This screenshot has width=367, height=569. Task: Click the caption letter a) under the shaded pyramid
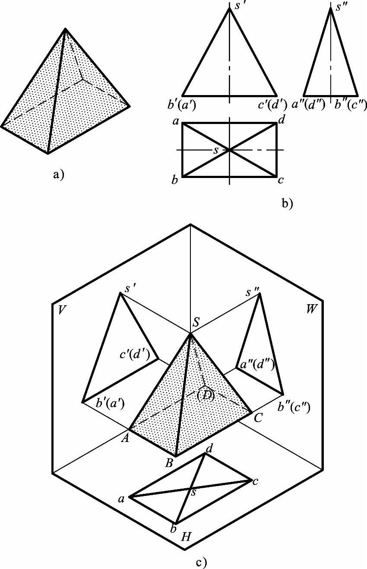pyautogui.click(x=58, y=175)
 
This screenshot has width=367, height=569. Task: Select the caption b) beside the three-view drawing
pyautogui.click(x=287, y=203)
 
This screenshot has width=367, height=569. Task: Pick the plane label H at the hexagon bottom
pyautogui.click(x=187, y=537)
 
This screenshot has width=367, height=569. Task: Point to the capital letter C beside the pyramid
pyautogui.click(x=258, y=418)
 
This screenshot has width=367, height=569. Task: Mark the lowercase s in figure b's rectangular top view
pyautogui.click(x=216, y=150)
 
